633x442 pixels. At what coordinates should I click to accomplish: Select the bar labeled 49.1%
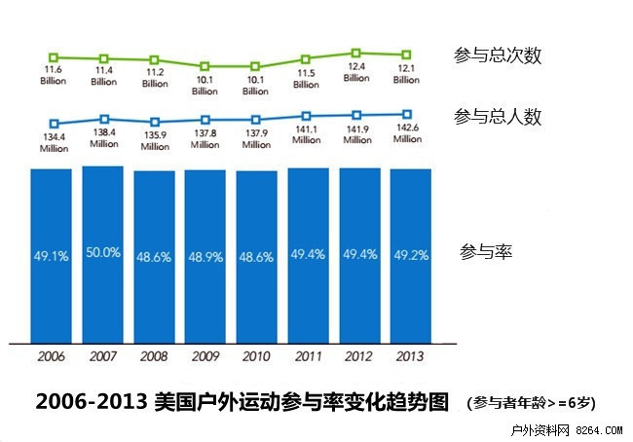point(51,255)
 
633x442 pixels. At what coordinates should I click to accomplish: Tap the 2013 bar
point(410,255)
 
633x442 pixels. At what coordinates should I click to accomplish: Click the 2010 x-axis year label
point(256,357)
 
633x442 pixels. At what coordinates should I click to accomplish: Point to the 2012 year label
point(358,357)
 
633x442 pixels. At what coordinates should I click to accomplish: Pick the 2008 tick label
point(154,357)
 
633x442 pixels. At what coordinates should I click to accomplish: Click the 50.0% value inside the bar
point(103,252)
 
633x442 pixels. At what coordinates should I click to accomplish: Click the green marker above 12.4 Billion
point(356,53)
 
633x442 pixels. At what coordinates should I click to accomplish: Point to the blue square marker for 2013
point(407,114)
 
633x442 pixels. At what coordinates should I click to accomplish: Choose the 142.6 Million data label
point(408,132)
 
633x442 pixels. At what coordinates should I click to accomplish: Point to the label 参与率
point(485,252)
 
